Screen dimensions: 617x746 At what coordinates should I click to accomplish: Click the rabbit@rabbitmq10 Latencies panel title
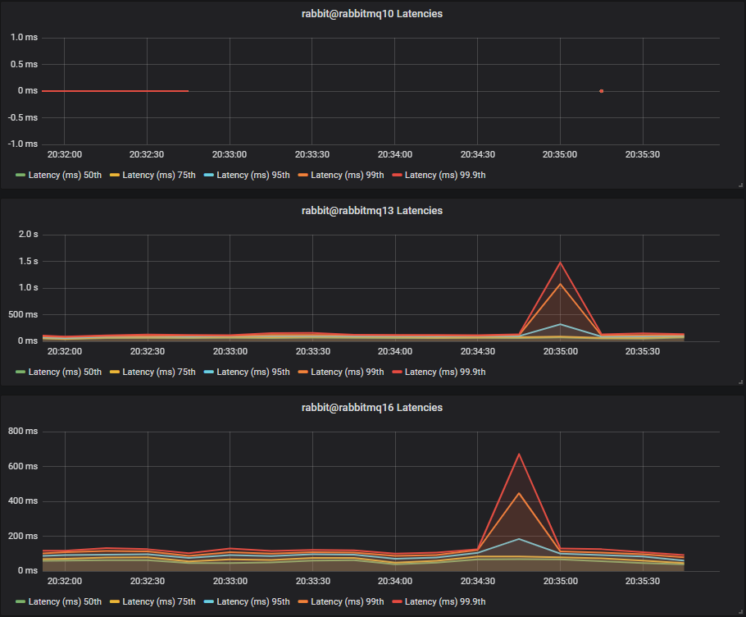pyautogui.click(x=372, y=14)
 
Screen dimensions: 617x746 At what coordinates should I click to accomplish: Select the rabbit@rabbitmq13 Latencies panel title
pyautogui.click(x=372, y=211)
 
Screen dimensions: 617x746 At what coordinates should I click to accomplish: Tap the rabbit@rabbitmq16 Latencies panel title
pyautogui.click(x=372, y=408)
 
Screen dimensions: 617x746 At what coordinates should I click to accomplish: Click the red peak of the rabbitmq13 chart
pyautogui.click(x=561, y=263)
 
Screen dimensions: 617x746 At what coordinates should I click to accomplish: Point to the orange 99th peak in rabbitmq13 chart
pyautogui.click(x=561, y=284)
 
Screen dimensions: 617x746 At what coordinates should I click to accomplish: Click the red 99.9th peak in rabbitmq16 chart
pyautogui.click(x=519, y=454)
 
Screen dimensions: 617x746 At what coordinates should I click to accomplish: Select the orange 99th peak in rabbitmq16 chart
pyautogui.click(x=519, y=492)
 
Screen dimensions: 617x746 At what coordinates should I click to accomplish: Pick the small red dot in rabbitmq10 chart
pyautogui.click(x=602, y=91)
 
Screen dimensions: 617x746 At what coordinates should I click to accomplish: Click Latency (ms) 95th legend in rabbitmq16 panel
pyautogui.click(x=252, y=601)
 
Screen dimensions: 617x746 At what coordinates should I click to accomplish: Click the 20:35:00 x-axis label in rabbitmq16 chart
pyautogui.click(x=561, y=581)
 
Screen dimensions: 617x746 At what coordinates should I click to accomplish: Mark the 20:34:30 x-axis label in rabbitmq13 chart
pyautogui.click(x=478, y=351)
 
